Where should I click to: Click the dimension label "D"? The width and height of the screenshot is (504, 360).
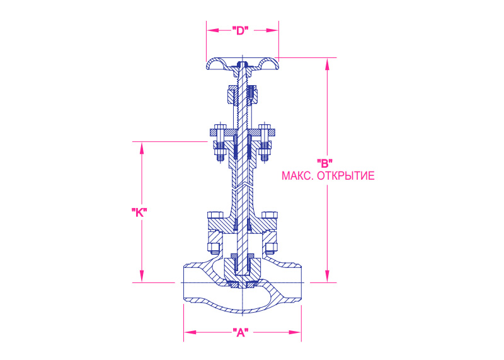[x=241, y=30]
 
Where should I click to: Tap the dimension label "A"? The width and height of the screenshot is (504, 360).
[x=241, y=332]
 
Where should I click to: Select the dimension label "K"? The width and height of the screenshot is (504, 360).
[x=139, y=212]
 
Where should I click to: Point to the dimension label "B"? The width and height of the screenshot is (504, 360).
[x=324, y=163]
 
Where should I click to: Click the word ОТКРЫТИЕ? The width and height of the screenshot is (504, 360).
[x=346, y=176]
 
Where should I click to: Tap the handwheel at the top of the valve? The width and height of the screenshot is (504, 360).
[x=243, y=64]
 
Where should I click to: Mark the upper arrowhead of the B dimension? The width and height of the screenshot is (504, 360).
[x=328, y=64]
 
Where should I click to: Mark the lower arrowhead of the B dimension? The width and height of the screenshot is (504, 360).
[x=328, y=277]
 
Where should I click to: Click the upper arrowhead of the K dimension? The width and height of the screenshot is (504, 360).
[x=142, y=148]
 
